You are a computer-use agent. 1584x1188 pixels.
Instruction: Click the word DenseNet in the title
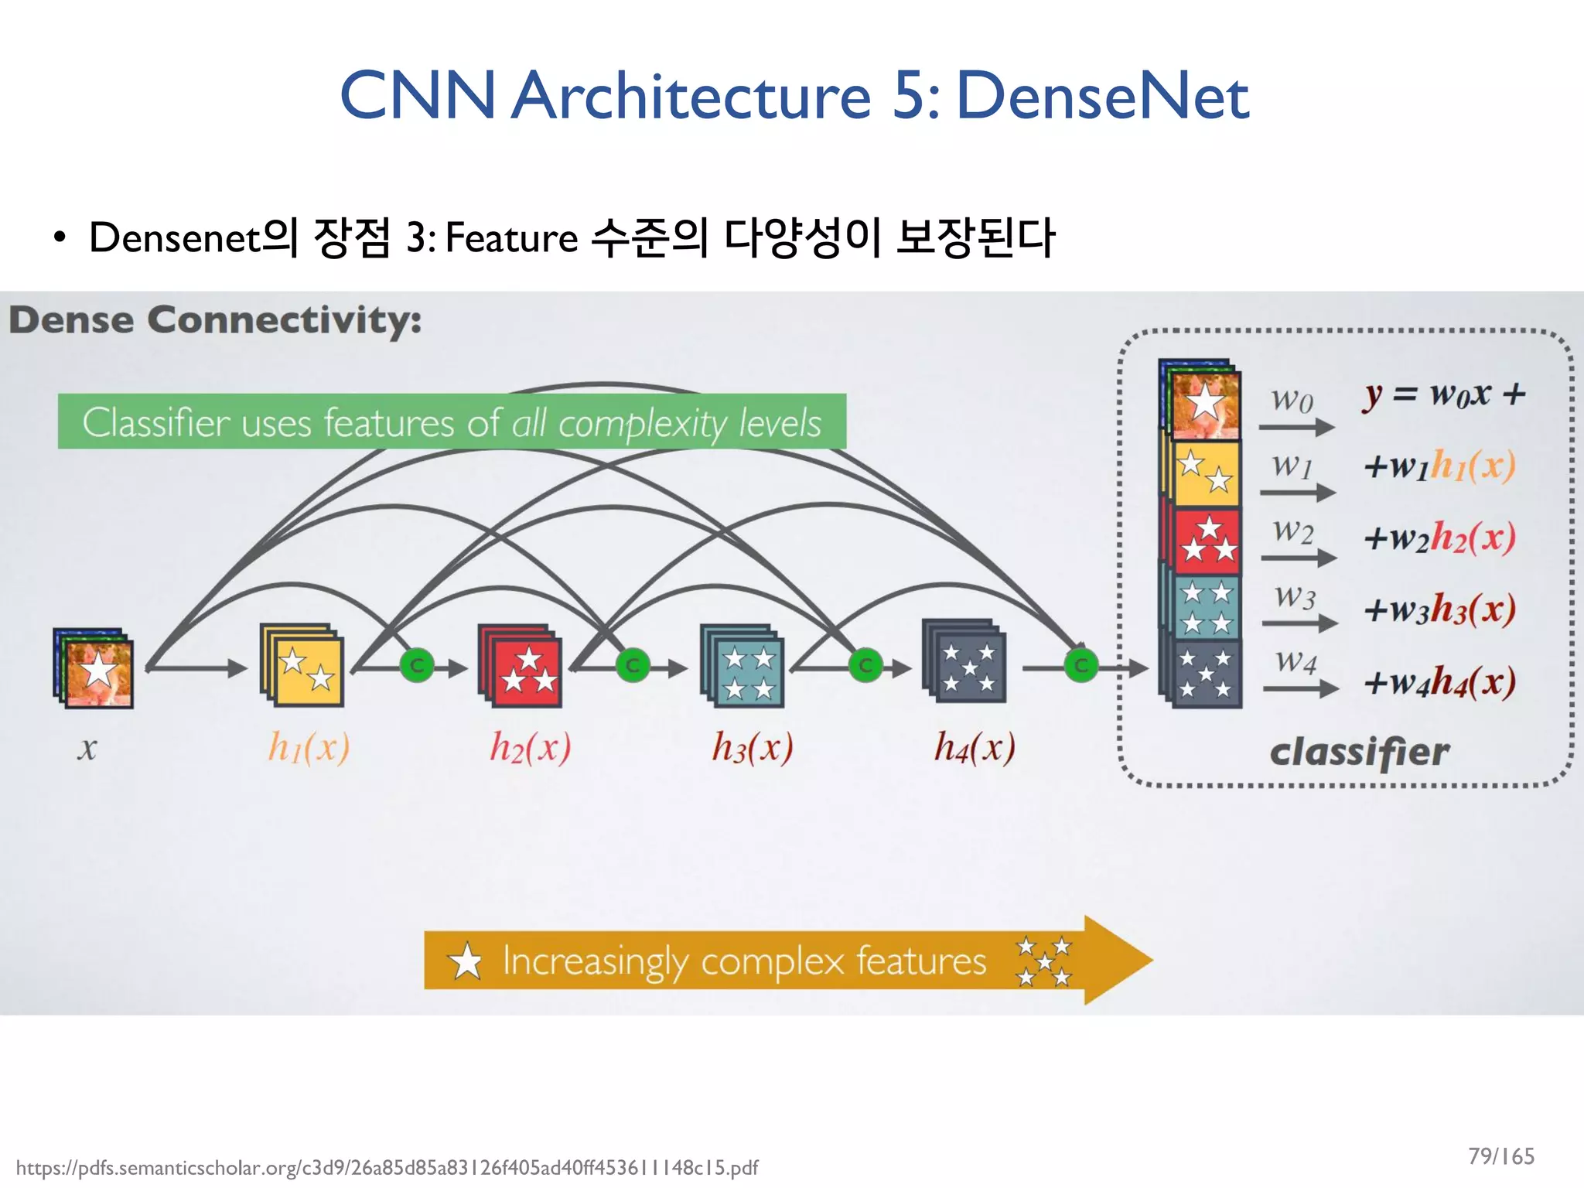1102,96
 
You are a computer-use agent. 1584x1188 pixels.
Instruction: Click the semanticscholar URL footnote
387,1167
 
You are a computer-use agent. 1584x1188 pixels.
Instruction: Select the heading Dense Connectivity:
215,320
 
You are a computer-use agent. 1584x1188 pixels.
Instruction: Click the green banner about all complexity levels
452,422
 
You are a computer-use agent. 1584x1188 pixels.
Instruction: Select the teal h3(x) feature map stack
742,667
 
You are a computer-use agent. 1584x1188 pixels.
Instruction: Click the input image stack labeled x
94,668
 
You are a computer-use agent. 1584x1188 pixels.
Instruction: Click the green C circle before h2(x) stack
417,665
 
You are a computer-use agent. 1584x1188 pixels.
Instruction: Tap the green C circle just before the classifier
1080,665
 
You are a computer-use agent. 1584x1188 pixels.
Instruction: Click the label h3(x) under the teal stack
752,747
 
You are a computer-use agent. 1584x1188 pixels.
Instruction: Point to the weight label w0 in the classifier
1292,400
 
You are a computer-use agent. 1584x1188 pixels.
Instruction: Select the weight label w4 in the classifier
1296,661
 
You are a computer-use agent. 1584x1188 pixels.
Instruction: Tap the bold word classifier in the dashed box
1360,752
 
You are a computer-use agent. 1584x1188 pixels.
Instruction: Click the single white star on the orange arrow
466,962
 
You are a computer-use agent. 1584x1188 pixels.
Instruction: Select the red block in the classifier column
1207,540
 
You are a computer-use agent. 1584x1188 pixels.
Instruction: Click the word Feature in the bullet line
511,237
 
